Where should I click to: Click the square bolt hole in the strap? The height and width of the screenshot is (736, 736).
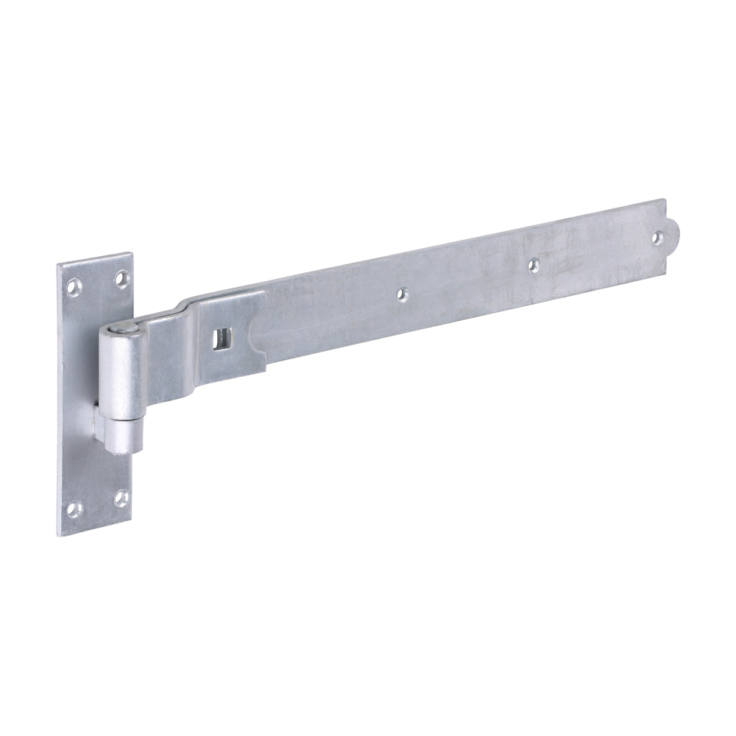219,339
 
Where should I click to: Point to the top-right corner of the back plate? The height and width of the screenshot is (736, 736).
133,255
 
